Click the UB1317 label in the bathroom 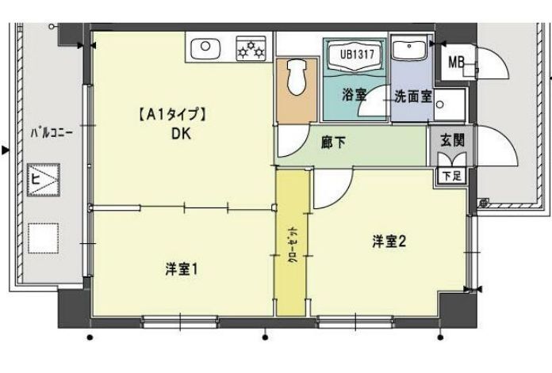tap(355, 55)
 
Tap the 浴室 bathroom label tap(354, 95)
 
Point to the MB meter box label tap(456, 62)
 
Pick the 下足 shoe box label tap(450, 175)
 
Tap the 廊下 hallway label tap(332, 143)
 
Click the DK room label tap(180, 133)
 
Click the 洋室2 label tap(389, 242)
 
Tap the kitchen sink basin tap(206, 47)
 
